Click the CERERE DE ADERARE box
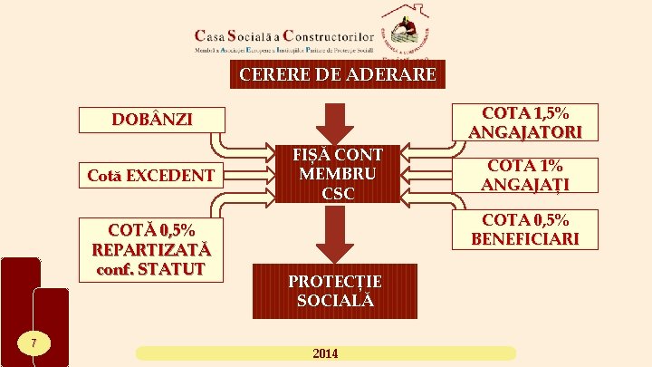pyautogui.click(x=338, y=73)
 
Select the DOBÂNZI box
pyautogui.click(x=152, y=121)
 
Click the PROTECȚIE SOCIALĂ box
pyautogui.click(x=335, y=291)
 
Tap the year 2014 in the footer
pyautogui.click(x=325, y=353)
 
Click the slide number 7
pyautogui.click(x=33, y=343)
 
